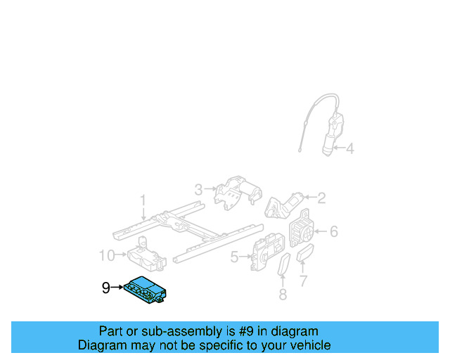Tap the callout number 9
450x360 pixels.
(106, 288)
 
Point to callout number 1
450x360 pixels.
(143, 201)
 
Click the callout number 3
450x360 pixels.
(198, 189)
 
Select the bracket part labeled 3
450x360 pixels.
(236, 192)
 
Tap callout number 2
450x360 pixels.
(321, 198)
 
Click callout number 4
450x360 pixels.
(349, 148)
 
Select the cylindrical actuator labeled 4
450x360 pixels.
(330, 135)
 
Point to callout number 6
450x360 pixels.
(333, 231)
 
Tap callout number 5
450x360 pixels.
(235, 258)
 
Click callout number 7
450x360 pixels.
(303, 281)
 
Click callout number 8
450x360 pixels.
(283, 295)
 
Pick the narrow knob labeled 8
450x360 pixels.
(284, 267)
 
